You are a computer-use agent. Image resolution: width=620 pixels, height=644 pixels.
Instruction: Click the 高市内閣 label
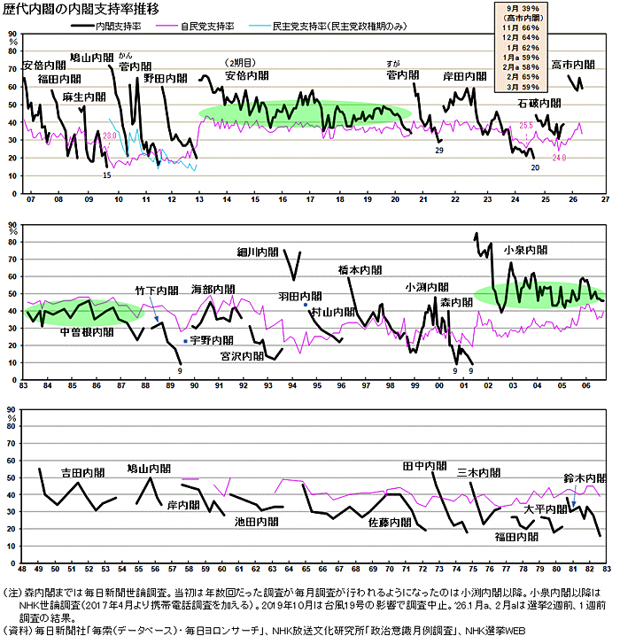click(573, 65)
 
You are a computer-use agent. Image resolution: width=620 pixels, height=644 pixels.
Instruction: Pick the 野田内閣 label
click(165, 78)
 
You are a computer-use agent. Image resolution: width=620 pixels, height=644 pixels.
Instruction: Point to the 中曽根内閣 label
click(87, 331)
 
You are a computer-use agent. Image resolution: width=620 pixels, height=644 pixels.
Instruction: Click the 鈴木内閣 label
click(585, 478)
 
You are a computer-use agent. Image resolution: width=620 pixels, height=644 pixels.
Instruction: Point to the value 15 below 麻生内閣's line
click(107, 175)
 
